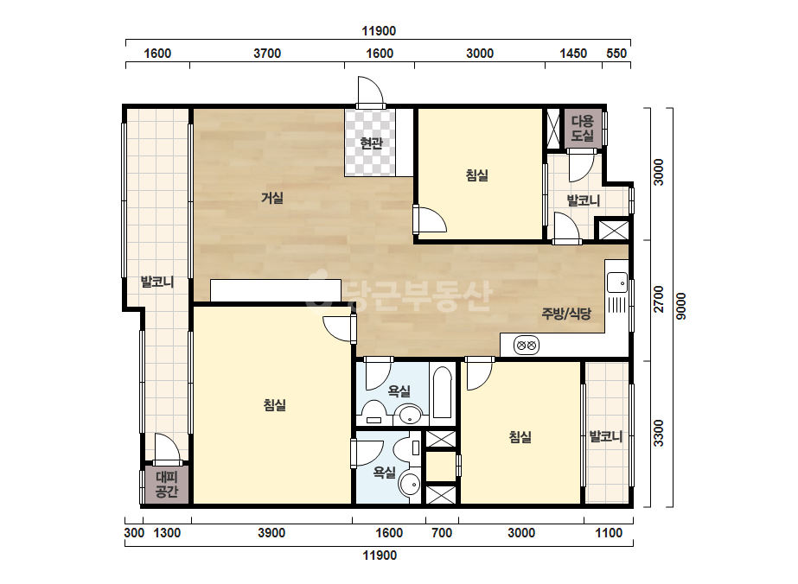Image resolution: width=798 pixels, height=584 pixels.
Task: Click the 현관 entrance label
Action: pos(371,143)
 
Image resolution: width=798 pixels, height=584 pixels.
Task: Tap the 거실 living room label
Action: pos(272,197)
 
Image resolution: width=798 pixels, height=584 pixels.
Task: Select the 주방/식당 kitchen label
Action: pos(566,314)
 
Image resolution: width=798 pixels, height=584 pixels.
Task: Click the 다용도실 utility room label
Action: pos(582,128)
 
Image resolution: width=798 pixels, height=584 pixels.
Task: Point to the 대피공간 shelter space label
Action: pos(167,485)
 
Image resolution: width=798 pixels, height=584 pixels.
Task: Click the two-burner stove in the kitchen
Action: pos(527,346)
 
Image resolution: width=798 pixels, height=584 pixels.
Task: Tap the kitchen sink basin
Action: pos(617,282)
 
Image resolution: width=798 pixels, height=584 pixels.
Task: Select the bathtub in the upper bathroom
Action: pos(443,392)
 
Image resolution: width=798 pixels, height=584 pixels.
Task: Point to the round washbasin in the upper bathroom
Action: pos(411,416)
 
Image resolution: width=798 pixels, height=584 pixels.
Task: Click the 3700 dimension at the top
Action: pos(267,54)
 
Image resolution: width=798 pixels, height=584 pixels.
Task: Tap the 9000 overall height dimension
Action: pos(681,306)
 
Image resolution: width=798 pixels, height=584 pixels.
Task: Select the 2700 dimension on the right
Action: pos(659,300)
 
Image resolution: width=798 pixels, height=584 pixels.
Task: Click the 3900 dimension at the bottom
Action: pos(271,533)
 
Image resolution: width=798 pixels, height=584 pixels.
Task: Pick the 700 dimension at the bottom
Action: pos(442,533)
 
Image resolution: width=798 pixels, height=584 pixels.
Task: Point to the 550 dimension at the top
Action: pos(616,54)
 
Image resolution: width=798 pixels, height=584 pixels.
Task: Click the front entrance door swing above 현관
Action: pos(371,92)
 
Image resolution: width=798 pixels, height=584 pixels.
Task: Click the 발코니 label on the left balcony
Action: pos(157,282)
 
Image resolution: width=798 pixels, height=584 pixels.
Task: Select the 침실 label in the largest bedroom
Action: pos(275,405)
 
